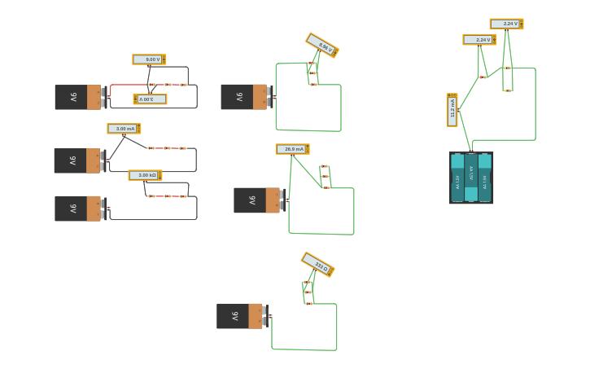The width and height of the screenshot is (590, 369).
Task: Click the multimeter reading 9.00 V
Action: (x=149, y=59)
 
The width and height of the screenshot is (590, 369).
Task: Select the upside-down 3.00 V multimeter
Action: (x=150, y=99)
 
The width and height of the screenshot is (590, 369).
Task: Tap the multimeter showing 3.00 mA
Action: (x=124, y=129)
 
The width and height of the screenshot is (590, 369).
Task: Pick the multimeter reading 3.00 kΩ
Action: (x=145, y=175)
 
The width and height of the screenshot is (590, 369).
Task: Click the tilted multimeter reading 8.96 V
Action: (x=322, y=45)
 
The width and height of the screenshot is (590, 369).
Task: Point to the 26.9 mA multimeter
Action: (x=292, y=149)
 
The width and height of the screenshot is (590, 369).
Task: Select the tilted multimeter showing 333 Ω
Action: (x=317, y=264)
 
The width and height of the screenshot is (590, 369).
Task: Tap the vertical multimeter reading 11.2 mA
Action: (x=452, y=110)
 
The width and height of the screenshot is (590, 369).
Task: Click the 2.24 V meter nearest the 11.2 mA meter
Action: (x=479, y=39)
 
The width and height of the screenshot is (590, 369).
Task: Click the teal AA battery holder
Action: (x=471, y=178)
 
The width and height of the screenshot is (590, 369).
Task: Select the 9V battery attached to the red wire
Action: (x=77, y=97)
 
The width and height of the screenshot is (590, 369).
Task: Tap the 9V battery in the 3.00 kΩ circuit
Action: (x=77, y=209)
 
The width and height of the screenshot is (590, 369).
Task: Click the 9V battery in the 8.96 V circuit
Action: (x=243, y=97)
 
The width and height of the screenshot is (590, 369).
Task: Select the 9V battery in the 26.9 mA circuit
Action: (x=256, y=200)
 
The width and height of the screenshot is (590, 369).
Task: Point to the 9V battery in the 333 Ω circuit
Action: (x=239, y=316)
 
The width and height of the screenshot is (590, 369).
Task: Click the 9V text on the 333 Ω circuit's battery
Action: (x=235, y=316)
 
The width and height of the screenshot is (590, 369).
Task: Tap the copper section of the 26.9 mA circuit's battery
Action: (x=272, y=200)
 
